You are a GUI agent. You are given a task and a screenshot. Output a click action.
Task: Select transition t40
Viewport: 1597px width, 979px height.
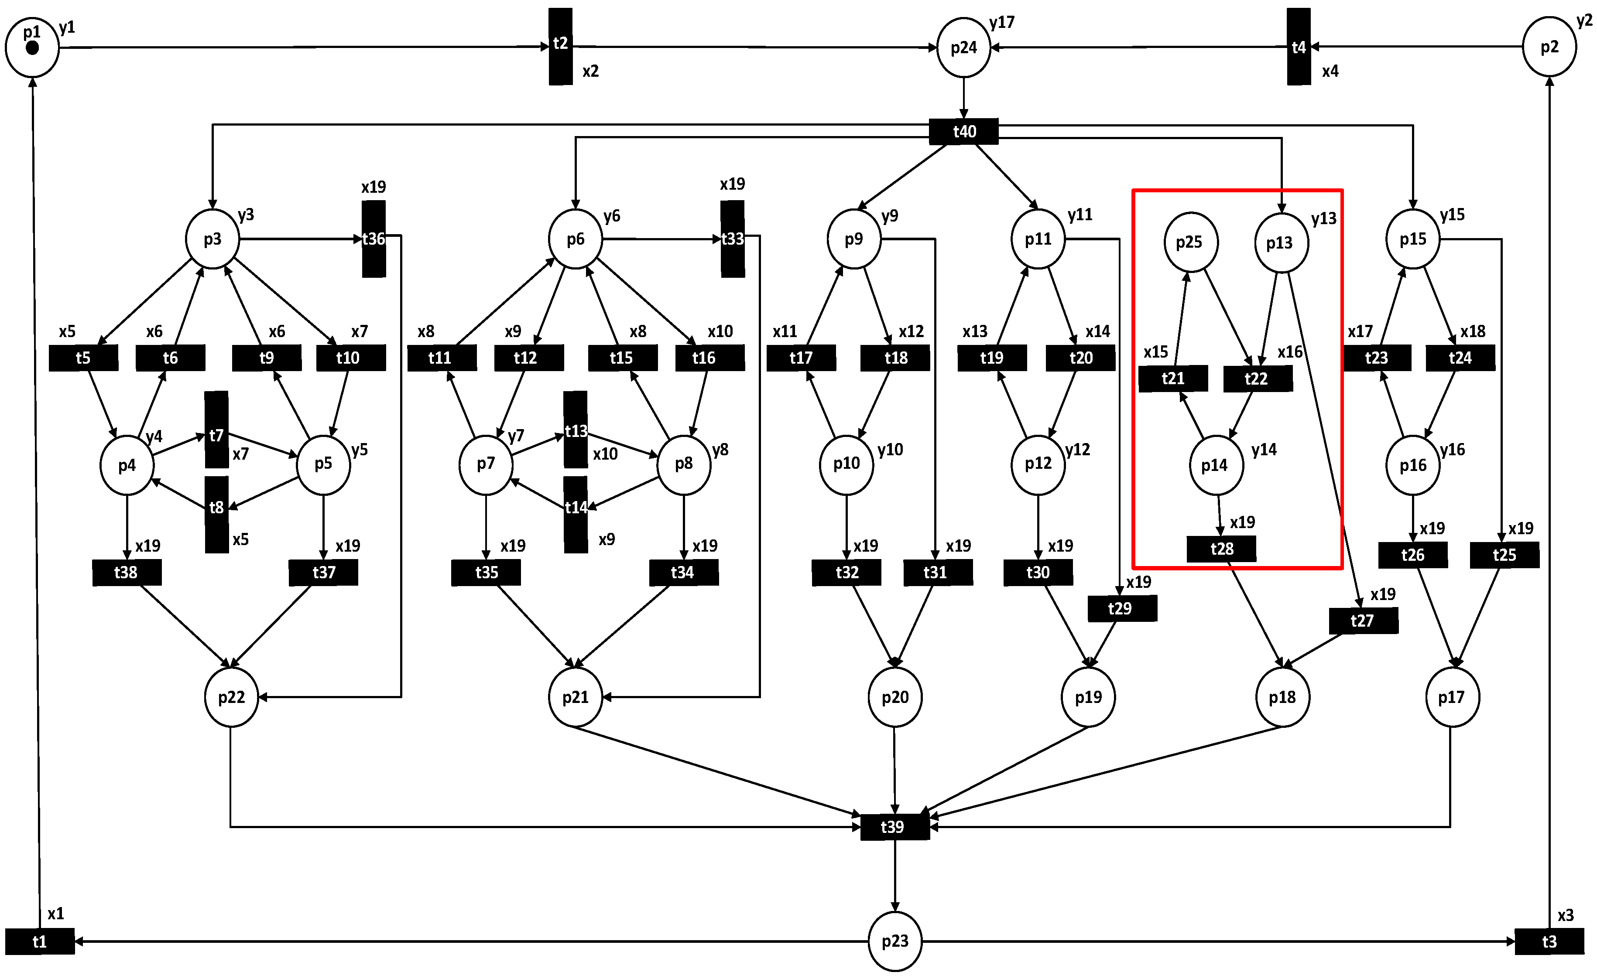(x=964, y=132)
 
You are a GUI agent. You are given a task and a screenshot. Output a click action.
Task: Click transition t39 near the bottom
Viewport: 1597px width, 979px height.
(x=894, y=827)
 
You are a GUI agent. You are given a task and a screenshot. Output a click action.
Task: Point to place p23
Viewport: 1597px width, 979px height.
(x=894, y=941)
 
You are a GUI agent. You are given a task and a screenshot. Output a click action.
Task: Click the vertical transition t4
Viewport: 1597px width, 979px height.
(x=1298, y=47)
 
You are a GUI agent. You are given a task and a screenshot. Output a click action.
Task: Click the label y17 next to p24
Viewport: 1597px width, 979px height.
(x=1001, y=23)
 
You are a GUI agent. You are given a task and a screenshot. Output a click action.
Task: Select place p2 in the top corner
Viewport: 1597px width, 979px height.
(x=1549, y=47)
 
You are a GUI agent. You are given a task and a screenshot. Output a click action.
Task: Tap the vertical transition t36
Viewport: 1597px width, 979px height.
(x=374, y=239)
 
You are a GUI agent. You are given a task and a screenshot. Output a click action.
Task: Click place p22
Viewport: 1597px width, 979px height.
(x=231, y=697)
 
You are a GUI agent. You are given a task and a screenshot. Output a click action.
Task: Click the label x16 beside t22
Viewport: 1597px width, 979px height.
(x=1290, y=352)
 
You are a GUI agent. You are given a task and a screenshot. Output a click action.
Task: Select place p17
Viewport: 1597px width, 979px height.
(x=1452, y=697)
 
